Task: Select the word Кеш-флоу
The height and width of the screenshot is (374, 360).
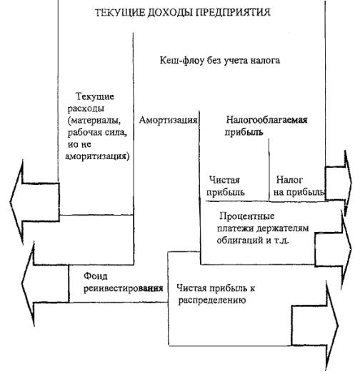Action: [181, 60]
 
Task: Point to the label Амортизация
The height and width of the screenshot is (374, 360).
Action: [168, 120]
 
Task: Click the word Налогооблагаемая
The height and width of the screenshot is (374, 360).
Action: [266, 119]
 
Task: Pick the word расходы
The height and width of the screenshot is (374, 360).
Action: [86, 108]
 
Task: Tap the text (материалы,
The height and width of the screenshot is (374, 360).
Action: [94, 121]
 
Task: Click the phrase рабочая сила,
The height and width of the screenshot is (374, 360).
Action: [97, 133]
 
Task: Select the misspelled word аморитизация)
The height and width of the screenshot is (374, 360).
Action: [97, 156]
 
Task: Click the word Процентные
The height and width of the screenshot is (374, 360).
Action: [247, 216]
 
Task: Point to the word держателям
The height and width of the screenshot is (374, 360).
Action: [283, 228]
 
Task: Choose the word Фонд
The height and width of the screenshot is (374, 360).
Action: [96, 276]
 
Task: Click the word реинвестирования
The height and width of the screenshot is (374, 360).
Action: [123, 288]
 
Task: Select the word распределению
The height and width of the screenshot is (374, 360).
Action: [212, 300]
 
